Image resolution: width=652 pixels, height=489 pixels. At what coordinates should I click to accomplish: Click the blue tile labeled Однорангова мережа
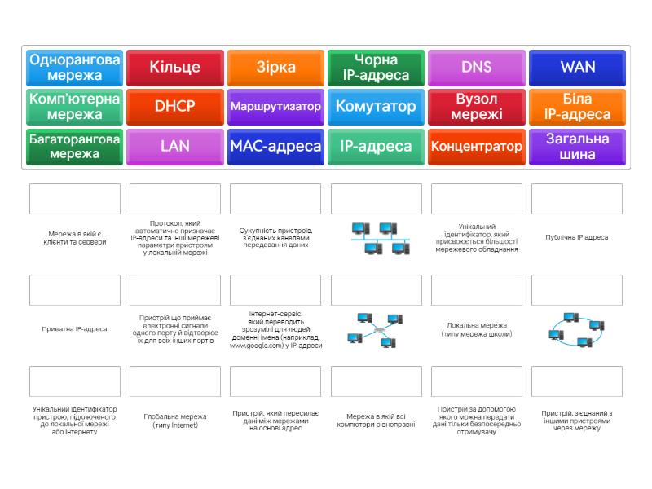pyautogui.click(x=74, y=68)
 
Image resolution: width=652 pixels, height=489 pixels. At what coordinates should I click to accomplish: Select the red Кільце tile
pyautogui.click(x=174, y=68)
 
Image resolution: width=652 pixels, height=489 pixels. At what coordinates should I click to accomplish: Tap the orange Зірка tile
pyautogui.click(x=275, y=68)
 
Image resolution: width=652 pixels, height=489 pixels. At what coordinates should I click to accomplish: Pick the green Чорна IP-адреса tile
pyautogui.click(x=376, y=68)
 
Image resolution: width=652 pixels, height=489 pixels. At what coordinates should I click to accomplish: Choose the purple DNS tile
pyautogui.click(x=477, y=68)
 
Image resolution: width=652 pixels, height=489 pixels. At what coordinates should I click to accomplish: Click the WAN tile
pyautogui.click(x=577, y=68)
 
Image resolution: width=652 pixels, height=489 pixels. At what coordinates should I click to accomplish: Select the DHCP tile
pyautogui.click(x=174, y=107)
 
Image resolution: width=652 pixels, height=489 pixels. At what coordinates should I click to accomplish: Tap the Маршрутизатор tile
pyautogui.click(x=275, y=107)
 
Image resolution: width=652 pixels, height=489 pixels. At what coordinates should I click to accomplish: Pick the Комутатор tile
pyautogui.click(x=376, y=107)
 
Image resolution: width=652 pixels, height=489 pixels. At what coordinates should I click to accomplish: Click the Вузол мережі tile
pyautogui.click(x=477, y=107)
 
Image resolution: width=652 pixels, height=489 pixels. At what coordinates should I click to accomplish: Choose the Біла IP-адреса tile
pyautogui.click(x=577, y=107)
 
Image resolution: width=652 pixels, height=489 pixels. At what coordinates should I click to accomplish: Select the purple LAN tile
pyautogui.click(x=174, y=147)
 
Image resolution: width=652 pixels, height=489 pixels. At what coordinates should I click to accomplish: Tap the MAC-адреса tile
pyautogui.click(x=275, y=147)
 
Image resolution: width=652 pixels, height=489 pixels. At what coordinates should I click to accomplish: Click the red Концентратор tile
pyautogui.click(x=477, y=147)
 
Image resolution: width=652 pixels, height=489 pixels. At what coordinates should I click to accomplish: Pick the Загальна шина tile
pyautogui.click(x=577, y=147)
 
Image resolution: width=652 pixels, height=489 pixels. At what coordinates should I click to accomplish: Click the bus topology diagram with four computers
pyautogui.click(x=376, y=238)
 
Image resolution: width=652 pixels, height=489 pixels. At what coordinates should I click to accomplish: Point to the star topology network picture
pyautogui.click(x=376, y=329)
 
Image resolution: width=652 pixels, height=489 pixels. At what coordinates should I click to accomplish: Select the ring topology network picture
pyautogui.click(x=577, y=329)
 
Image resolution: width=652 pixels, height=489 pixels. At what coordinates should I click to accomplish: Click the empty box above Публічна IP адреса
pyautogui.click(x=577, y=199)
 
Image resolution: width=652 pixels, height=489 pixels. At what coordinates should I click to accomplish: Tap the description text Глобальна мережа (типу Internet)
pyautogui.click(x=174, y=421)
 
